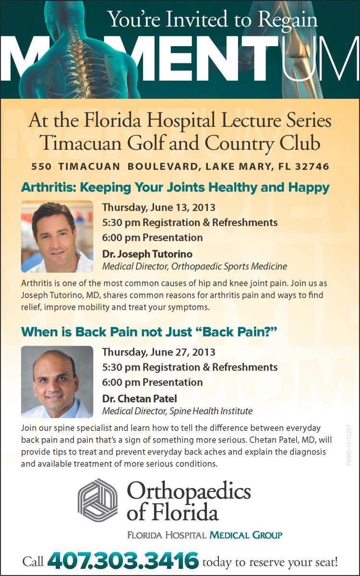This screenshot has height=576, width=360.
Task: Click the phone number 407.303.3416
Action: click(x=123, y=561)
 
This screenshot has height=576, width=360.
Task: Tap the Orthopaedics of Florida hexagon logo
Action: click(x=97, y=500)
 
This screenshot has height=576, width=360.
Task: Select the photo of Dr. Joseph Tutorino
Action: click(x=57, y=236)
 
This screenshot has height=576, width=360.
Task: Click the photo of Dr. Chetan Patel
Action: click(x=57, y=382)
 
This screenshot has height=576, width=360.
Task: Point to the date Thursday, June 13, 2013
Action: click(x=159, y=208)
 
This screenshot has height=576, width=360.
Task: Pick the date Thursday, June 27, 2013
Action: click(x=159, y=352)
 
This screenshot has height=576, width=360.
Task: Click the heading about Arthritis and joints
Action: click(x=175, y=187)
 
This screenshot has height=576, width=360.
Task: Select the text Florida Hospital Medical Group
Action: click(x=204, y=535)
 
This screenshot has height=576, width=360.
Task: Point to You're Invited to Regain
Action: click(x=213, y=20)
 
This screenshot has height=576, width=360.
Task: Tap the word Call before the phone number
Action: click(x=33, y=562)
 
